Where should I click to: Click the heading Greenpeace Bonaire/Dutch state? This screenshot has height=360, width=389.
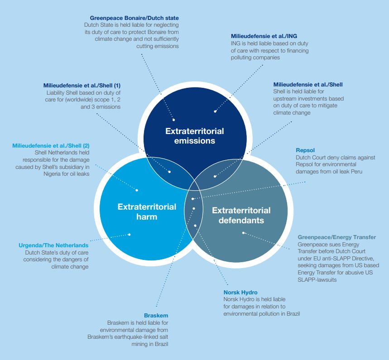pyautogui.click(x=134, y=18)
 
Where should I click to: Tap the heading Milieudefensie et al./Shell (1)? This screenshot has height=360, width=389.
pyautogui.click(x=82, y=85)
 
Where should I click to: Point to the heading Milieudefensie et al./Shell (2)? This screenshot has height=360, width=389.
pyautogui.click(x=51, y=145)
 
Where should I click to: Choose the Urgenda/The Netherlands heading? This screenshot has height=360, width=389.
pyautogui.click(x=53, y=245)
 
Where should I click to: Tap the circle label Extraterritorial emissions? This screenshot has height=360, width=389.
pyautogui.click(x=194, y=136)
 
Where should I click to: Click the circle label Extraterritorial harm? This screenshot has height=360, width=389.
pyautogui.click(x=147, y=211)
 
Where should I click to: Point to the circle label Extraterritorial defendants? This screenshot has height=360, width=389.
pyautogui.click(x=241, y=215)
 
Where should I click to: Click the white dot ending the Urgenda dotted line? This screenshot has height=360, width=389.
pyautogui.click(x=130, y=235)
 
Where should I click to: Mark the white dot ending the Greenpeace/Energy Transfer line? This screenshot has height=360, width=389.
pyautogui.click(x=244, y=233)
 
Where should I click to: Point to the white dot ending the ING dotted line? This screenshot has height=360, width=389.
pyautogui.click(x=215, y=111)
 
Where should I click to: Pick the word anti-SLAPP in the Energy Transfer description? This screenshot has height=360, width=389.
pyautogui.click(x=333, y=258)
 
